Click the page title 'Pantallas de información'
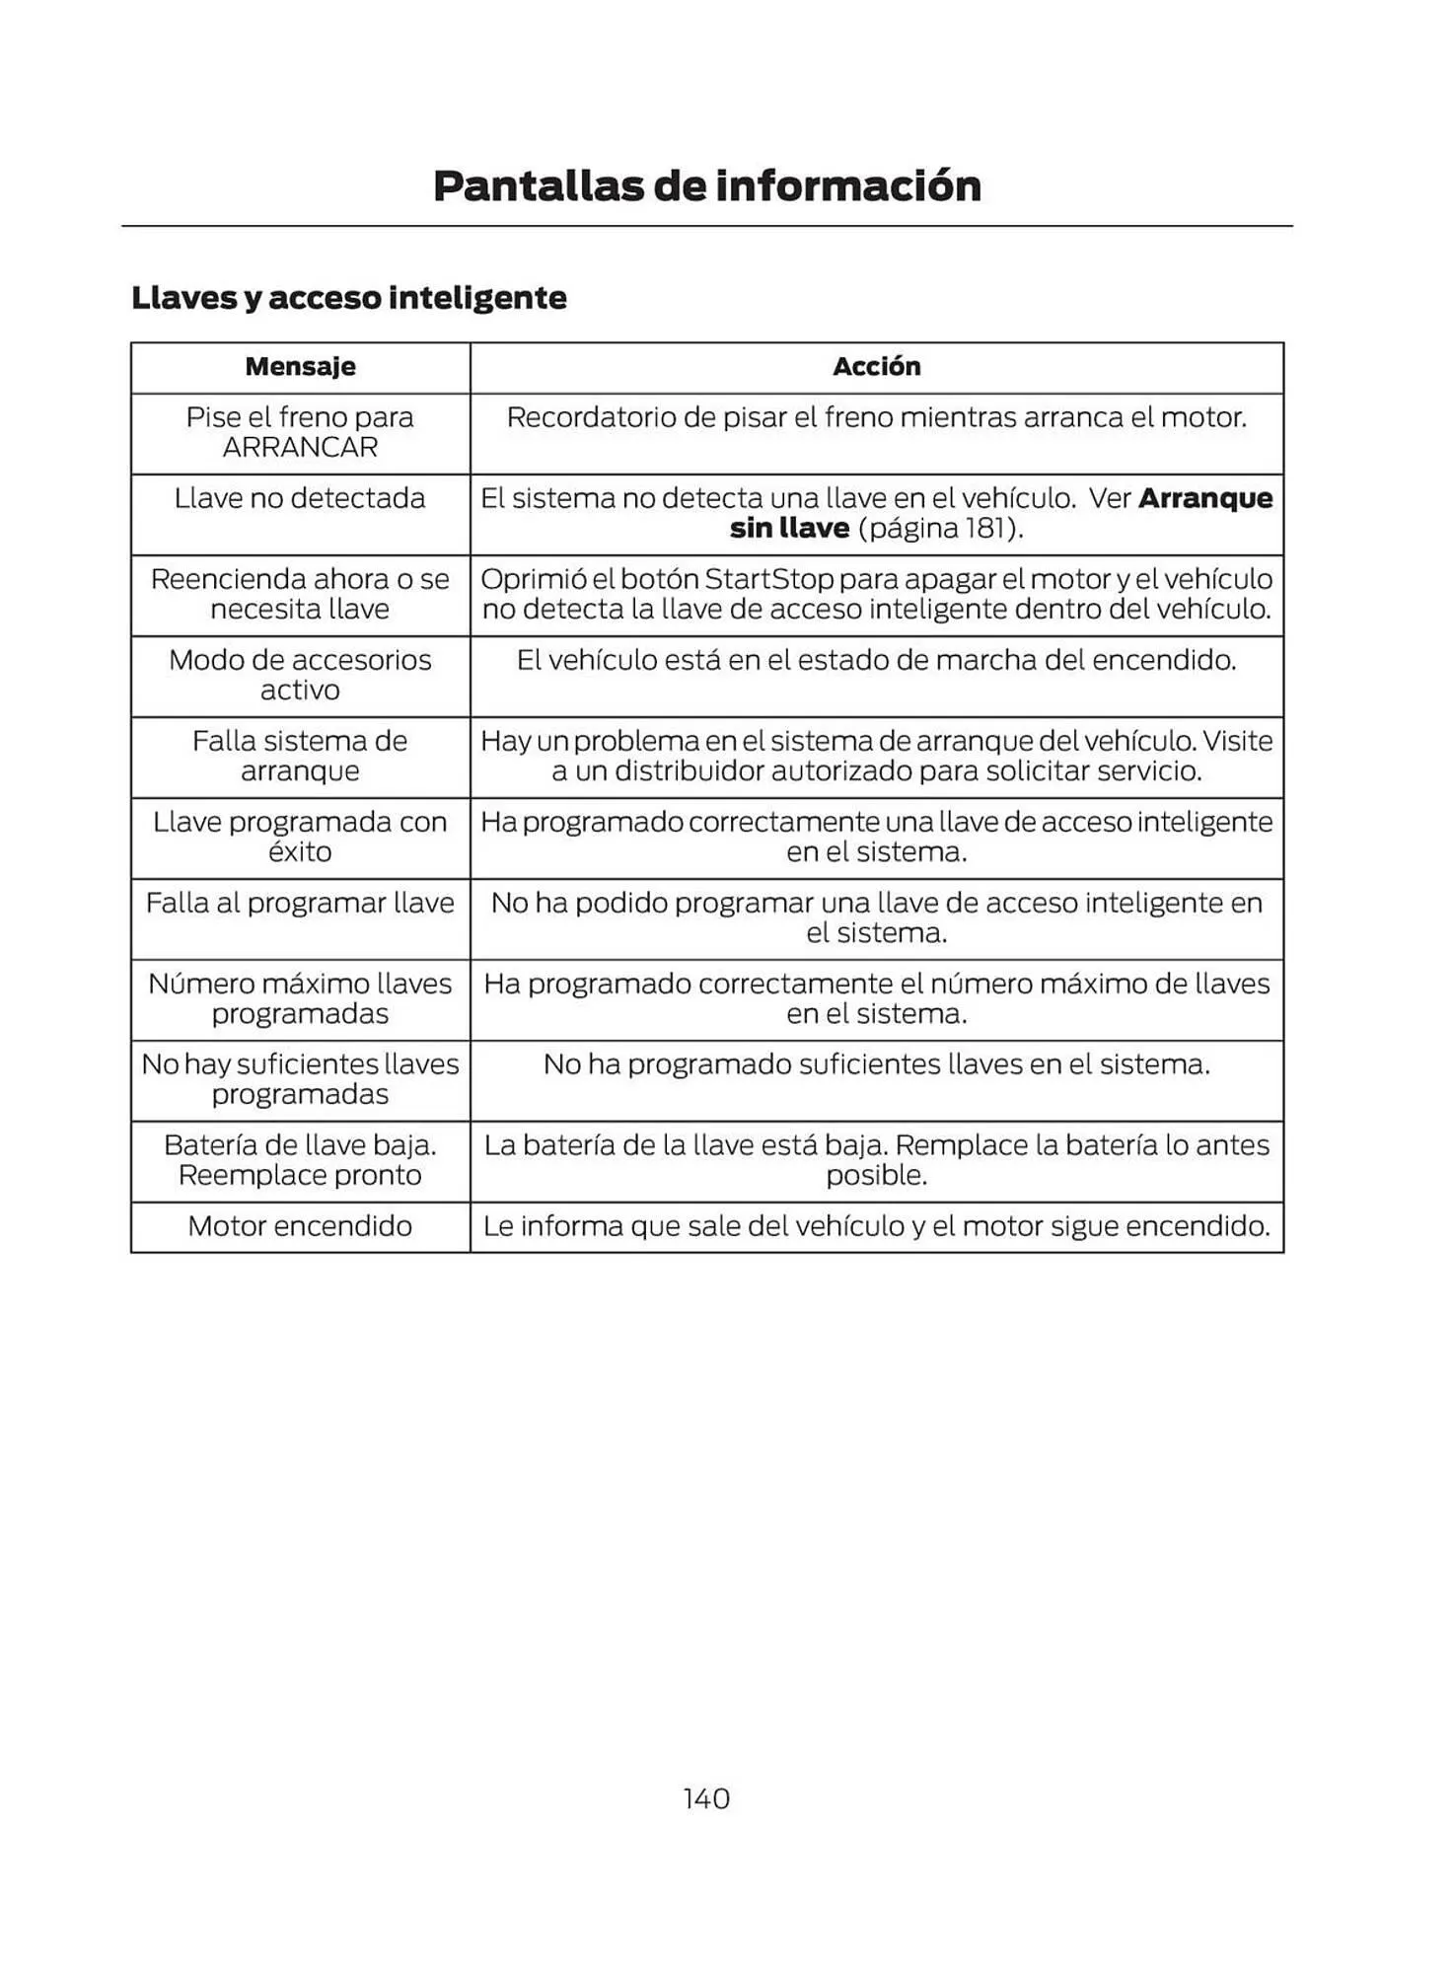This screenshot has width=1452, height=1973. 707,186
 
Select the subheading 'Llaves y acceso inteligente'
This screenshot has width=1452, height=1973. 349,298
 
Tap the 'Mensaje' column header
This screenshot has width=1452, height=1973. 300,367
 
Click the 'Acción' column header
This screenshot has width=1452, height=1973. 876,367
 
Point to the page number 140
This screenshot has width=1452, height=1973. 706,1798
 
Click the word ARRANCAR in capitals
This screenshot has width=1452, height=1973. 300,448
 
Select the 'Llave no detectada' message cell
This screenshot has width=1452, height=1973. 300,498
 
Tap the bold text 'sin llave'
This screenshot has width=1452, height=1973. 789,529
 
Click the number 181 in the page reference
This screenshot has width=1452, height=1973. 983,529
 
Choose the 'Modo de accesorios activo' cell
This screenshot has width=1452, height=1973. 300,675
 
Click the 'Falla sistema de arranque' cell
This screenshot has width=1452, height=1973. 300,756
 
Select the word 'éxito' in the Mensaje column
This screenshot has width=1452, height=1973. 300,852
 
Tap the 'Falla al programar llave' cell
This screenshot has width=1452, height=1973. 300,903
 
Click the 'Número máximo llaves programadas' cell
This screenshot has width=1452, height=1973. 300,998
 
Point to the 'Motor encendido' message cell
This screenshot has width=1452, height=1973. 300,1226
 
